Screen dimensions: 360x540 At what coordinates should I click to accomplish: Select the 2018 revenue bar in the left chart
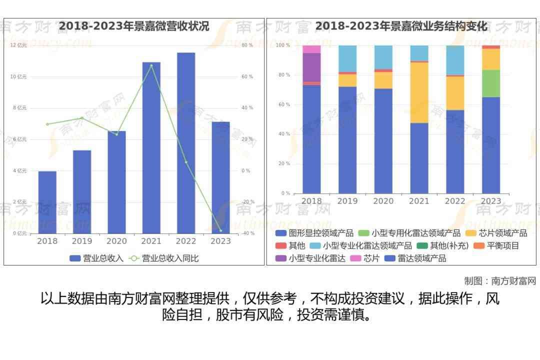(x=47, y=202)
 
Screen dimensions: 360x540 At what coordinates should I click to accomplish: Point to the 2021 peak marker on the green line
(x=151, y=65)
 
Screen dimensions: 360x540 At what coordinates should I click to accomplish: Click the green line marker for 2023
(x=220, y=230)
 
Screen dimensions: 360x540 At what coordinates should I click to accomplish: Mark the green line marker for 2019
(x=82, y=118)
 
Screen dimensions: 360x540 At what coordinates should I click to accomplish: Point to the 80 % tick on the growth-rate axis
(x=247, y=45)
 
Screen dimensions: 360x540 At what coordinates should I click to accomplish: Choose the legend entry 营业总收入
(x=96, y=258)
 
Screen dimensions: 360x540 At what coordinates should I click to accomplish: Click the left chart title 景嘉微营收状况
(x=134, y=26)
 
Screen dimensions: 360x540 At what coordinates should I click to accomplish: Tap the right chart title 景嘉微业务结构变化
(x=401, y=26)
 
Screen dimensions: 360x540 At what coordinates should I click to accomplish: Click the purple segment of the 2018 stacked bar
(x=311, y=67)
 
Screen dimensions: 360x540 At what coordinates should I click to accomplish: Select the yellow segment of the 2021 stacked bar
(x=419, y=92)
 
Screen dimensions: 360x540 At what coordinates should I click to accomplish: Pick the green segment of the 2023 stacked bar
(x=490, y=83)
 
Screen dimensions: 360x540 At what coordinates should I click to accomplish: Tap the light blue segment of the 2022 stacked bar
(x=455, y=59)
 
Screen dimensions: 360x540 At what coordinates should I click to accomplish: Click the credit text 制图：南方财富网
(x=500, y=281)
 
